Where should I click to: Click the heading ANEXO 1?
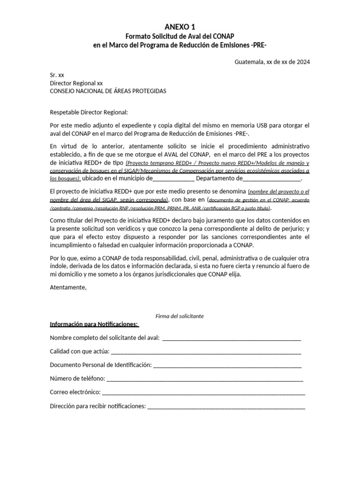click(180, 27)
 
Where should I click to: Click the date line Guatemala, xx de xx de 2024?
click(272, 61)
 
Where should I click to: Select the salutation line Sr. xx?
click(57, 75)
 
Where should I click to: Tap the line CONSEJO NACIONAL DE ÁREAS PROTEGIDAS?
click(108, 91)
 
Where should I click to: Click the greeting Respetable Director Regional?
click(89, 112)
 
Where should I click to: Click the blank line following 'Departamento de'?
click(272, 179)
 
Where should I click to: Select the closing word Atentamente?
click(68, 287)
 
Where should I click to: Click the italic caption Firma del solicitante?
click(180, 316)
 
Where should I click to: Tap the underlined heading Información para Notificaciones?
click(94, 324)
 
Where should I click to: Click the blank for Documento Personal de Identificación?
click(227, 365)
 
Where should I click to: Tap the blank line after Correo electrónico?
click(203, 392)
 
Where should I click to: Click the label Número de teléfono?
click(77, 378)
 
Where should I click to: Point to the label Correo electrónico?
click(75, 392)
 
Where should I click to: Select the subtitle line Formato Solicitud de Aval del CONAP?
click(180, 36)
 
